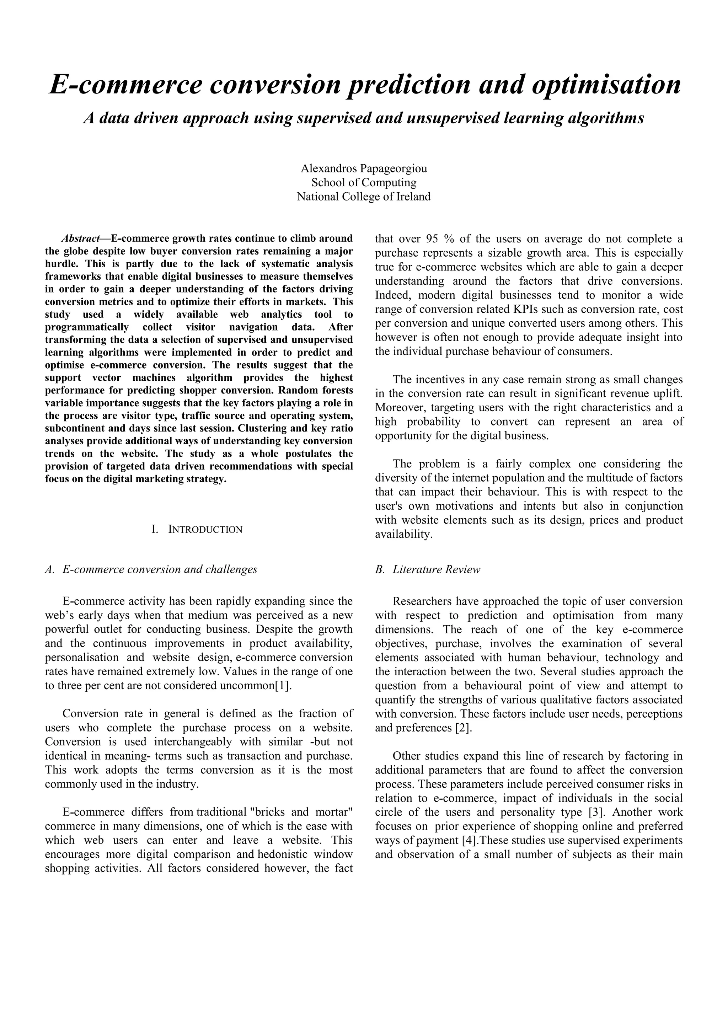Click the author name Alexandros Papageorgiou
(364, 168)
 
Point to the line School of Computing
(364, 182)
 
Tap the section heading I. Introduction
(197, 529)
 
